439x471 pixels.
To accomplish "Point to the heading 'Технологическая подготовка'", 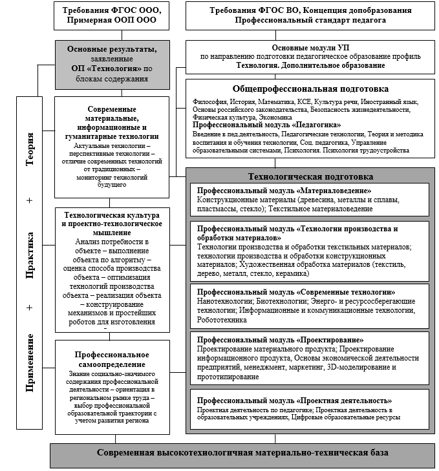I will [311, 176].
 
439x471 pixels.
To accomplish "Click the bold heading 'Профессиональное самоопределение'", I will [112, 360].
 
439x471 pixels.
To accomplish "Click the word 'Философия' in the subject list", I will [207, 102].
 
